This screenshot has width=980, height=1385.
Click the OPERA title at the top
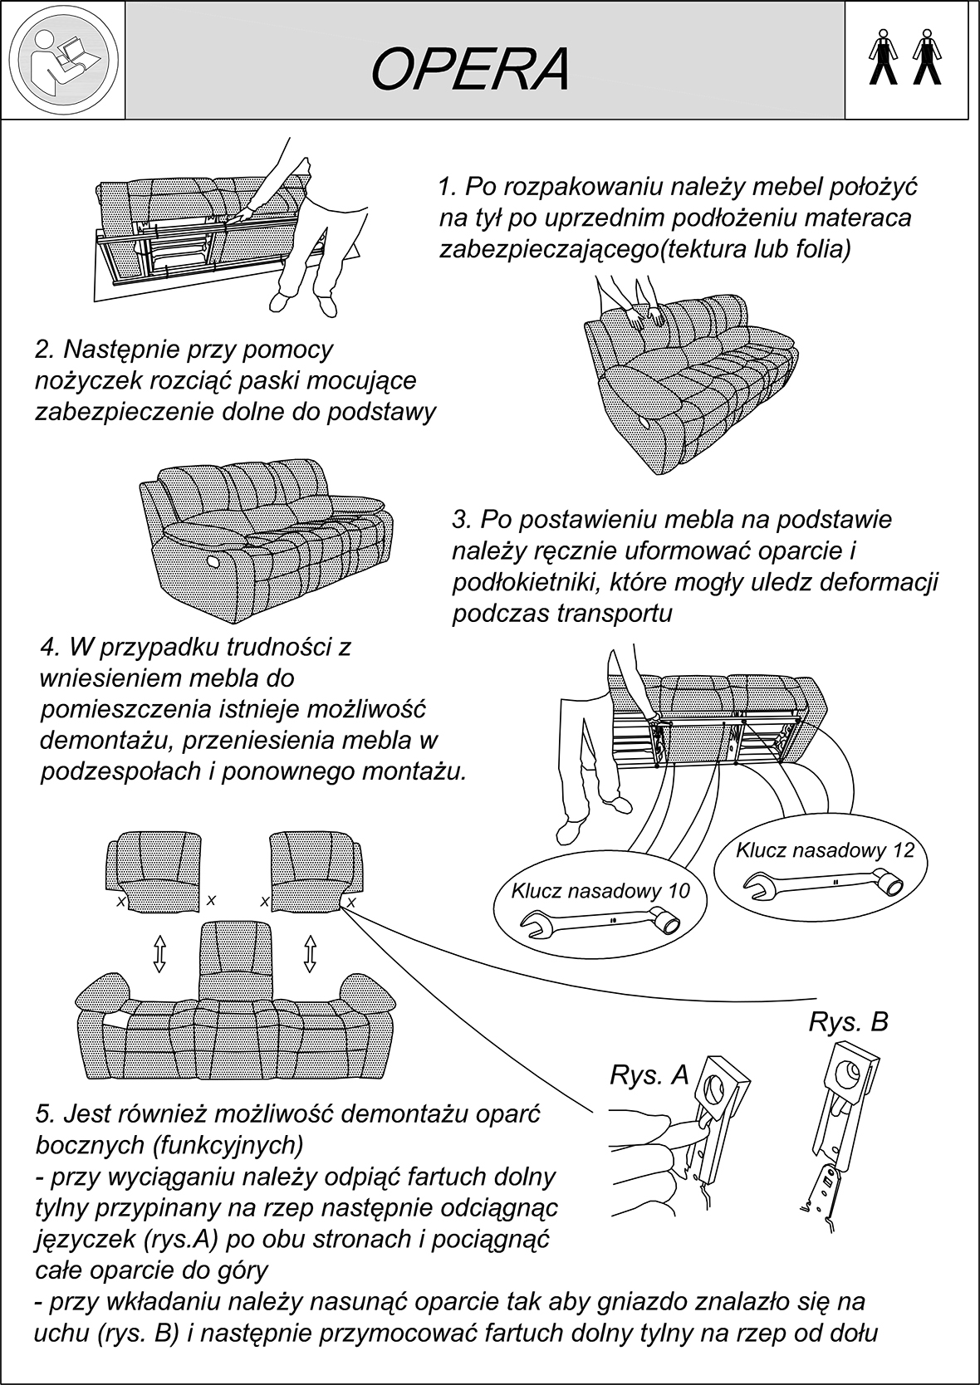point(470,70)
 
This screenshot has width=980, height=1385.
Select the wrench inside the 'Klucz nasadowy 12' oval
point(822,880)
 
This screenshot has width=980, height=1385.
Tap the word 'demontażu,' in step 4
point(104,741)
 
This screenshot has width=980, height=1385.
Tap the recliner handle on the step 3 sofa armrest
point(213,561)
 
